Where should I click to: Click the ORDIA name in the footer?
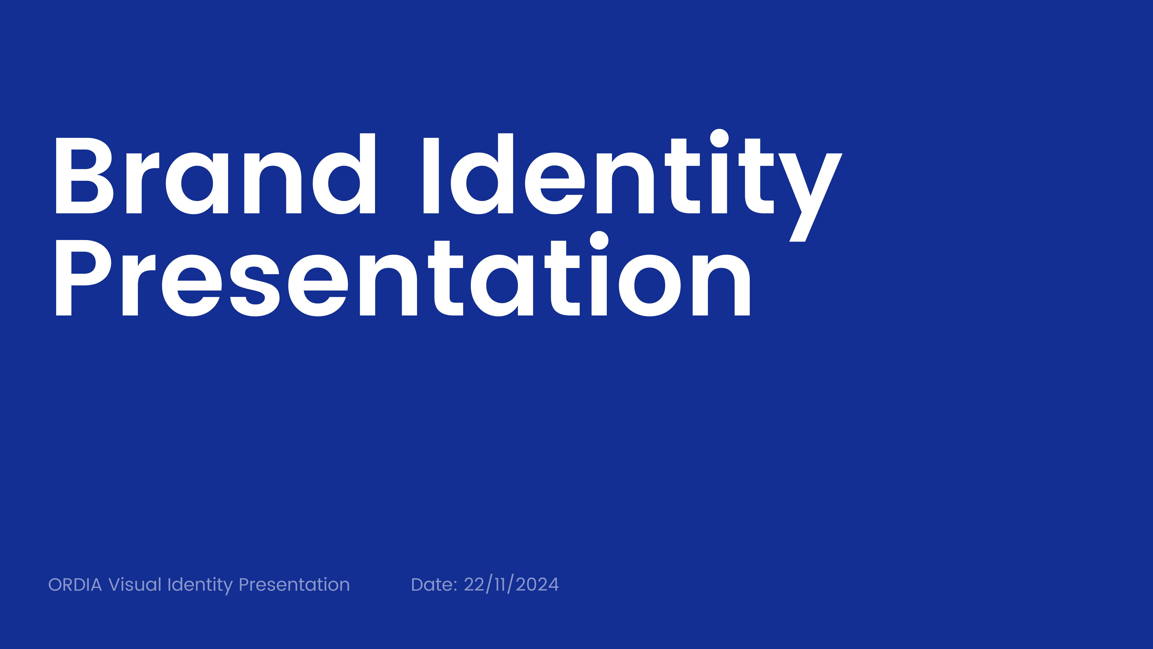(x=75, y=585)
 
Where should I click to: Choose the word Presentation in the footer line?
(x=294, y=585)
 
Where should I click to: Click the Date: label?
(x=434, y=585)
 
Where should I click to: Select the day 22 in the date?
(x=474, y=585)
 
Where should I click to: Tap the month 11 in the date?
(x=500, y=585)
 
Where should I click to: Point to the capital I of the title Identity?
(x=431, y=175)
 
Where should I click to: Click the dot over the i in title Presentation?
(x=599, y=240)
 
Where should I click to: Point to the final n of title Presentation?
(x=721, y=286)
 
